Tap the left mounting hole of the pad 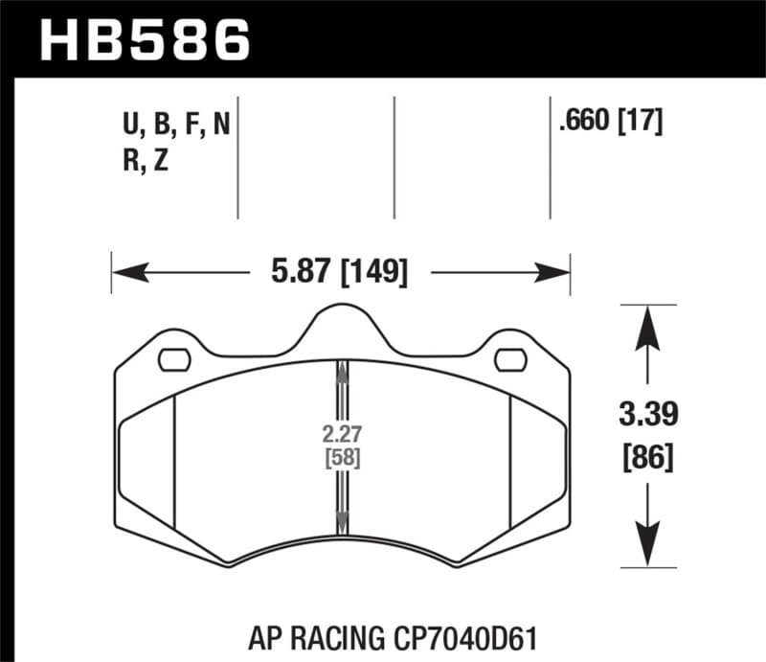coord(173,360)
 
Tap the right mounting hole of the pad coord(511,360)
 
